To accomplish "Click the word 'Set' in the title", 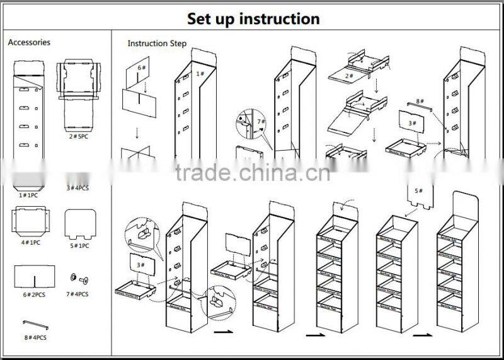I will click(x=202, y=18).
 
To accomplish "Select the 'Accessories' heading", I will click(x=29, y=42).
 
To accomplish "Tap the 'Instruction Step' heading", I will click(x=157, y=44).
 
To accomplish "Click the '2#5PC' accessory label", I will click(x=79, y=136).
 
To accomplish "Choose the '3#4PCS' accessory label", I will click(x=79, y=188).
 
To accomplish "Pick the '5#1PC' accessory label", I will click(x=79, y=245).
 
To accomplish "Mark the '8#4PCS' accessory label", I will click(x=35, y=337).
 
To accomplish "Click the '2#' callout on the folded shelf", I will click(x=348, y=76).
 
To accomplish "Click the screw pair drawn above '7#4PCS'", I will click(x=79, y=277).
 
